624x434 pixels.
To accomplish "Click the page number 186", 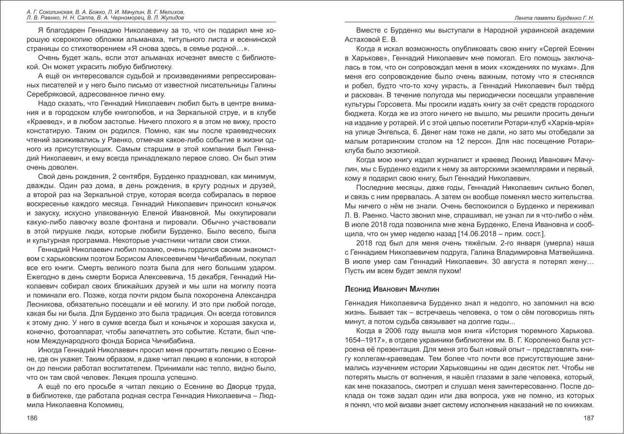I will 32,418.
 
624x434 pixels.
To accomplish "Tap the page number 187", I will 589,418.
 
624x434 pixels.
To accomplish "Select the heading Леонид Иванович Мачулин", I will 392,289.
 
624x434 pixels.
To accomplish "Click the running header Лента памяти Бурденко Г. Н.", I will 554,18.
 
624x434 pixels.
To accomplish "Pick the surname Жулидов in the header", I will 171,18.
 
